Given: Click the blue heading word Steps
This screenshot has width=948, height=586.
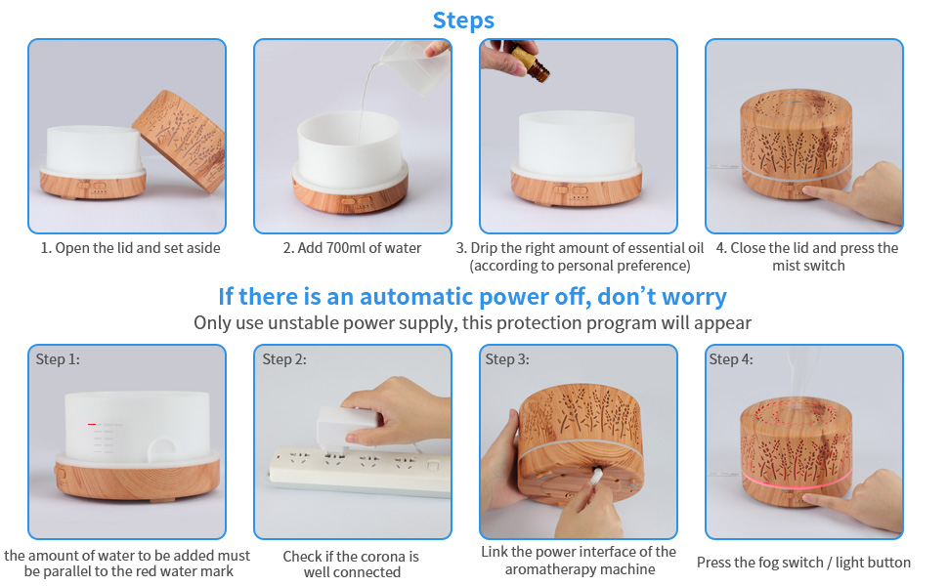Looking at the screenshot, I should (x=463, y=20).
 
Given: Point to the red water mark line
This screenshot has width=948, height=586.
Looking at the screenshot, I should (x=91, y=424).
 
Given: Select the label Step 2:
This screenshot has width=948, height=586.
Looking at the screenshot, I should (x=283, y=359).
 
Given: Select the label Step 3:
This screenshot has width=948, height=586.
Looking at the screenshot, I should (x=507, y=359).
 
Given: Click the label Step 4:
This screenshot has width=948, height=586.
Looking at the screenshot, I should (x=731, y=359).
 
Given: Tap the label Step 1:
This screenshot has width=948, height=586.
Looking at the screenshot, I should (x=58, y=359).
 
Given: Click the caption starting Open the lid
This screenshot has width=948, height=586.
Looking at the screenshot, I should (x=130, y=248).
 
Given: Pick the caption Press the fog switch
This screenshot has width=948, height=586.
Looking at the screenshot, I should (x=803, y=563).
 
